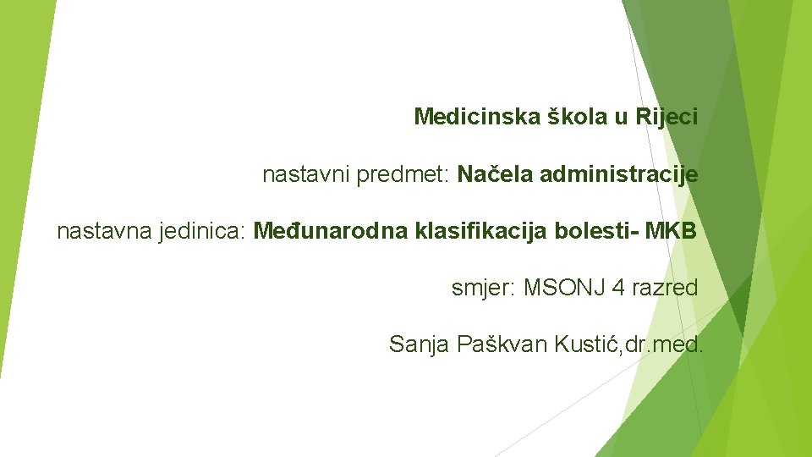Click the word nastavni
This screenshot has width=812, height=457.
point(297,175)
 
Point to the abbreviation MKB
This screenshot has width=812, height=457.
point(672,231)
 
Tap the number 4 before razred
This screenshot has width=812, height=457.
point(618,288)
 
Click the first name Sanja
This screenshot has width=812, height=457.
point(420,344)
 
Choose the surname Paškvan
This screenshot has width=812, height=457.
point(502,344)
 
